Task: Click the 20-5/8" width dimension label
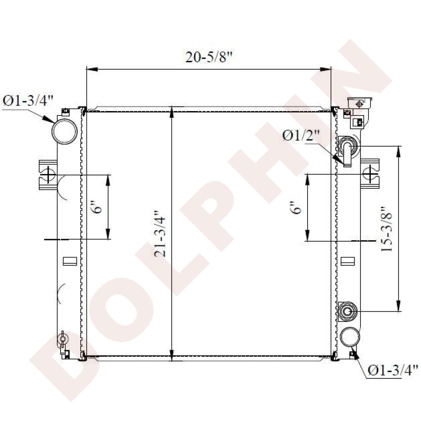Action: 209,57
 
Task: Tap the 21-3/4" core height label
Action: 160,233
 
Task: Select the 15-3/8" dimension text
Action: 386,229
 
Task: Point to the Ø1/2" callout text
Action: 301,136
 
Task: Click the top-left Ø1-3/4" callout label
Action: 28,101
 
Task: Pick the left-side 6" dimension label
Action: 98,207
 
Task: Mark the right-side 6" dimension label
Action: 296,208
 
